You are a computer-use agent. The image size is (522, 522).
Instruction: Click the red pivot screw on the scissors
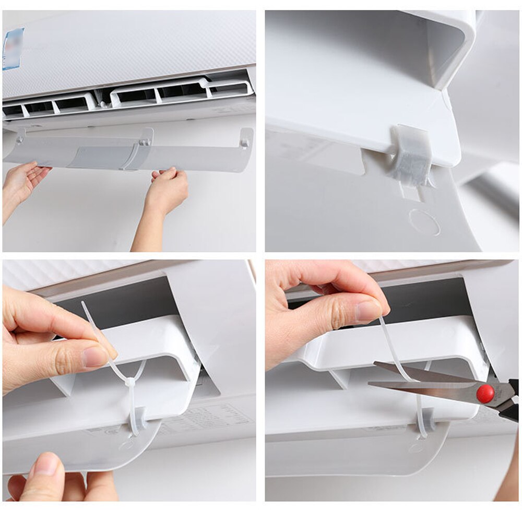click(485, 393)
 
